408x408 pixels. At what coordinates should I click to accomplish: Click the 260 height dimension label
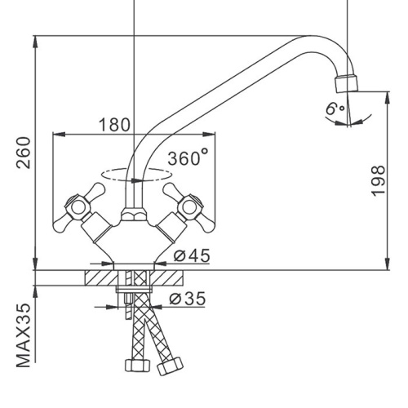point(24,153)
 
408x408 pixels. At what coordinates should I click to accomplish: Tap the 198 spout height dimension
point(378,180)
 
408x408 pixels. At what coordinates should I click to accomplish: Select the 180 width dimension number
point(114,125)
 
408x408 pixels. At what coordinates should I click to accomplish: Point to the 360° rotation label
point(188,157)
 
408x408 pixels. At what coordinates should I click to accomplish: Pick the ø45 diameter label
point(192,255)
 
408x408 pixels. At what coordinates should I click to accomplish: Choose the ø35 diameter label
point(188,299)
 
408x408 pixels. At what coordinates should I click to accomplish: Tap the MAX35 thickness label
point(24,335)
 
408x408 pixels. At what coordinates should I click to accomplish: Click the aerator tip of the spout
point(346,83)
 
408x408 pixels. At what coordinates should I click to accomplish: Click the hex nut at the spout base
point(133,214)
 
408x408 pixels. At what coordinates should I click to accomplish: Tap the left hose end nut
point(138,365)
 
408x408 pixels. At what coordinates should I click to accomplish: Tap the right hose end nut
point(171,366)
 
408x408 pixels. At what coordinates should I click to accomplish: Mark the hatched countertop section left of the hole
point(102,277)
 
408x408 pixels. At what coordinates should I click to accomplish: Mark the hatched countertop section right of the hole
point(166,277)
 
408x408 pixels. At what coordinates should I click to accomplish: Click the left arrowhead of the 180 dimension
point(59,134)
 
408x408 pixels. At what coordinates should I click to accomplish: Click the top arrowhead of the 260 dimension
point(35,42)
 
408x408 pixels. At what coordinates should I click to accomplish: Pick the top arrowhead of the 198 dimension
point(388,98)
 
